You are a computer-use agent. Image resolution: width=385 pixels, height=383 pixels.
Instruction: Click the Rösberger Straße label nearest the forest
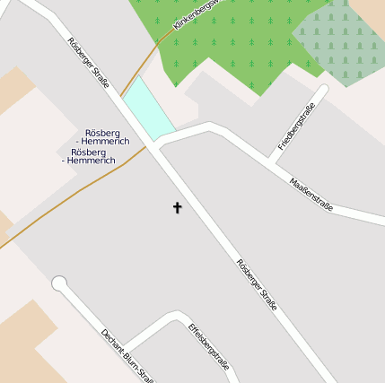pos(88,63)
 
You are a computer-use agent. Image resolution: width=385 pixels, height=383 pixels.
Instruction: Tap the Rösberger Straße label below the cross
pos(257,285)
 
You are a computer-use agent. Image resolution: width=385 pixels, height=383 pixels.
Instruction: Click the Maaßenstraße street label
pos(311,195)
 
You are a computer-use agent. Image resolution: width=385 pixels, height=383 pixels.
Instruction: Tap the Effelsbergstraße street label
pos(208,351)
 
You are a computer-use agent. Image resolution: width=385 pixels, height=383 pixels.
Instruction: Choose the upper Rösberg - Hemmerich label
pos(106,137)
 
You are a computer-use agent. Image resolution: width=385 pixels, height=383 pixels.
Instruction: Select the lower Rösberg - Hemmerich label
pos(88,156)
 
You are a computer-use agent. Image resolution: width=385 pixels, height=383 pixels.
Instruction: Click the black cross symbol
pos(177,208)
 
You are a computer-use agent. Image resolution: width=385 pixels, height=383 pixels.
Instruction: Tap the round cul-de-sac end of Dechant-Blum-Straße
pos(59,284)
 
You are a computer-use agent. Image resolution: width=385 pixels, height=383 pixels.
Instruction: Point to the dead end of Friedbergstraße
pos(322,90)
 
